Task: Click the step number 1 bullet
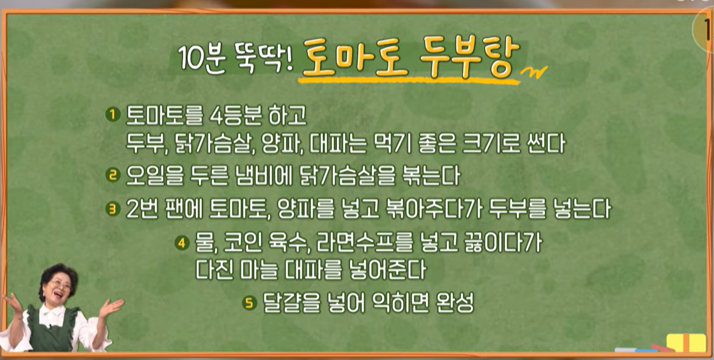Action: coord(113,114)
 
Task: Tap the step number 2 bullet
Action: coord(113,175)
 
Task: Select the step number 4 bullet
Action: coord(182,243)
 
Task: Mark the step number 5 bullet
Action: coord(249,303)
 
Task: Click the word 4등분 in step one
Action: coord(235,117)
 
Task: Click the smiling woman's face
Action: coord(60,286)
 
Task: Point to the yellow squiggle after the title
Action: coord(534,72)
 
